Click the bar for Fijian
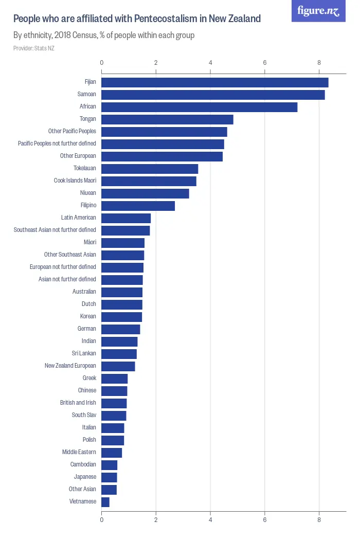pyautogui.click(x=214, y=82)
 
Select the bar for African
pyautogui.click(x=199, y=107)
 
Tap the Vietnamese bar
pyautogui.click(x=105, y=502)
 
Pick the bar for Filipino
pyautogui.click(x=138, y=206)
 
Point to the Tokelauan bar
pyautogui.click(x=150, y=169)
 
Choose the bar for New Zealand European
pyautogui.click(x=118, y=366)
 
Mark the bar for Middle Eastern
pyautogui.click(x=112, y=453)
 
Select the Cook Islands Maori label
pyautogui.click(x=75, y=181)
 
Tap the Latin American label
pyautogui.click(x=79, y=218)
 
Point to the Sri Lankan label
pyautogui.click(x=84, y=354)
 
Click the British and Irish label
pyautogui.click(x=78, y=403)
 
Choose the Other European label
pyautogui.click(x=78, y=156)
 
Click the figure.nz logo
pyautogui.click(x=318, y=11)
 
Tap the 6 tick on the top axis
pyautogui.click(x=265, y=63)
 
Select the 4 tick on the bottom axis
pyautogui.click(x=210, y=520)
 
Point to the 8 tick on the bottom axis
pyautogui.click(x=319, y=520)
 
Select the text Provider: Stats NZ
pyautogui.click(x=34, y=48)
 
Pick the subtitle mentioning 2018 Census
pyautogui.click(x=104, y=35)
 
